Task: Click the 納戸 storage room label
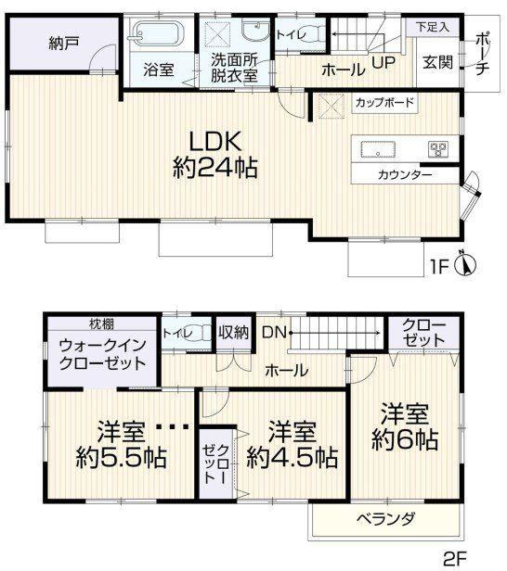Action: tap(63, 44)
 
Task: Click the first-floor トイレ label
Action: tap(291, 35)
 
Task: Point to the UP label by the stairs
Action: tap(383, 63)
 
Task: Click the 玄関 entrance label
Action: tap(437, 63)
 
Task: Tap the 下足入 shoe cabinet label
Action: tap(433, 27)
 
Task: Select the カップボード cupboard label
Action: tap(384, 102)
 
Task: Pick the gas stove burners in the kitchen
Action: tap(438, 149)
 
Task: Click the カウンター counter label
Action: tap(405, 175)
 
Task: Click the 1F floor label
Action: tap(439, 267)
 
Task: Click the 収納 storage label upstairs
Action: tap(233, 332)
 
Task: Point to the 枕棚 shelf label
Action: tap(101, 324)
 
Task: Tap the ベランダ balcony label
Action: tap(385, 518)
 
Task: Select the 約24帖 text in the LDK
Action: tap(215, 168)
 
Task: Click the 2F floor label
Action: tap(455, 558)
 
